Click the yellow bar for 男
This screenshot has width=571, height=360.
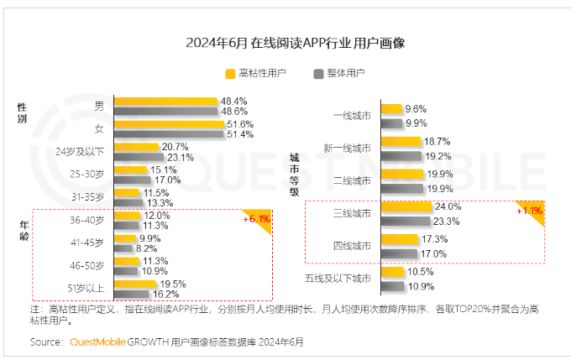[165, 102]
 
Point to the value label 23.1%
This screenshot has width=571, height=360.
[181, 157]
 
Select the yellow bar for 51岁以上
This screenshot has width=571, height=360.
[135, 284]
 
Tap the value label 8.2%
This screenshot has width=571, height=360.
[147, 248]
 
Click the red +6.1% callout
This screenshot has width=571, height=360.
[255, 219]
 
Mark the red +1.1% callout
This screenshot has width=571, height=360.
[529, 211]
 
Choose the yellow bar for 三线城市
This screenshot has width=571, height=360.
[406, 206]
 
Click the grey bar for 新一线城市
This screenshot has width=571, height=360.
[401, 155]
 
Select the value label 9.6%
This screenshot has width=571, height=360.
[416, 109]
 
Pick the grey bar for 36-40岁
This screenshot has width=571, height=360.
[128, 226]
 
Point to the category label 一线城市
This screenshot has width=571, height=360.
[352, 116]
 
